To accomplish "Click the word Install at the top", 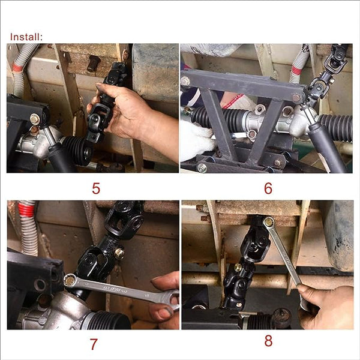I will coord(26,37).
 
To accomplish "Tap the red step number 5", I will coord(96,188).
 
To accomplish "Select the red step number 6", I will coord(268,188).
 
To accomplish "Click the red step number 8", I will coord(268,341).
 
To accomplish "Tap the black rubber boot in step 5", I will coord(77,149).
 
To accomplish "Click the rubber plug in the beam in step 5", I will coord(93,63).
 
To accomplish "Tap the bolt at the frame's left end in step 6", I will coord(185,80).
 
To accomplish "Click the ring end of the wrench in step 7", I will coord(71,280).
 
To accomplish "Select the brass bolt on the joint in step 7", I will coord(119,253).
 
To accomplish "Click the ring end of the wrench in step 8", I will coord(269,222).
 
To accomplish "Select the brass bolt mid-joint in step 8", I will coord(238,268).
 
